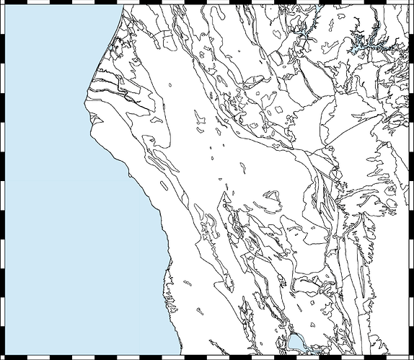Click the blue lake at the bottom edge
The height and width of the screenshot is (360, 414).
(296, 342)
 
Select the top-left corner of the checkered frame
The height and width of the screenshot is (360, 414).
(3, 3)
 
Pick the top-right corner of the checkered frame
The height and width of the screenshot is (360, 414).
(410, 3)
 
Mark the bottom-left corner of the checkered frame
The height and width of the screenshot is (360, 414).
(3, 356)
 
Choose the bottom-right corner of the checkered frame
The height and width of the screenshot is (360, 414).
(410, 356)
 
